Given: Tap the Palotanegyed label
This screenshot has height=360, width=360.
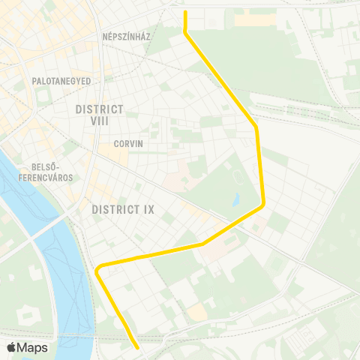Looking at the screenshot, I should (61, 80).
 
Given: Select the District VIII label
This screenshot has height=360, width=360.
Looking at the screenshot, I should (99, 115).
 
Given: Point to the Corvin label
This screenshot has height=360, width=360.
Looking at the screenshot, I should (128, 143).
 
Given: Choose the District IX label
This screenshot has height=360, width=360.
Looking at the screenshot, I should (122, 210).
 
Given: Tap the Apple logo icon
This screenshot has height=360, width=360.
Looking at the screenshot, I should (12, 347).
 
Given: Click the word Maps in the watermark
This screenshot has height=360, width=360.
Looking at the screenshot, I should (32, 347).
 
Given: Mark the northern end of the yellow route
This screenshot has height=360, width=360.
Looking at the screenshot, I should (184, 11).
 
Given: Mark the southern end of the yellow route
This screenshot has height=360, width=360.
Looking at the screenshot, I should (137, 347).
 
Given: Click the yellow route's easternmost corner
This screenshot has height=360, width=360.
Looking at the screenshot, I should (264, 203).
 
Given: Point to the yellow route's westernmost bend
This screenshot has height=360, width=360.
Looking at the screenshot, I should (97, 268).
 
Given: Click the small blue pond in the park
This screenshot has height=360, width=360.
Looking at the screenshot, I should (236, 199).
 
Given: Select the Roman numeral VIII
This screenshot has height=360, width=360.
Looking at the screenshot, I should (99, 121).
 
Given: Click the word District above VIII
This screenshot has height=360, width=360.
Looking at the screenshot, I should (99, 109).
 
